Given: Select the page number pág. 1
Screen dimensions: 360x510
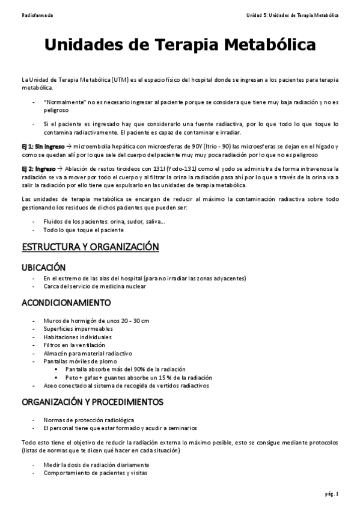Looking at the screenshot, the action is tap(332, 494).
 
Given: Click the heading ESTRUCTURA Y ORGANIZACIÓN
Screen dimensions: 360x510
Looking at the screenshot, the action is tap(90, 247).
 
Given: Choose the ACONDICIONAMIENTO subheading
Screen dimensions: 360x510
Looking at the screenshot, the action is tap(66, 302).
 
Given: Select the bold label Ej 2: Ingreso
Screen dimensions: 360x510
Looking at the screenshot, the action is tap(38, 169).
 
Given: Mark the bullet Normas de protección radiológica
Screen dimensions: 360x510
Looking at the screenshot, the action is tap(89, 420).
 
